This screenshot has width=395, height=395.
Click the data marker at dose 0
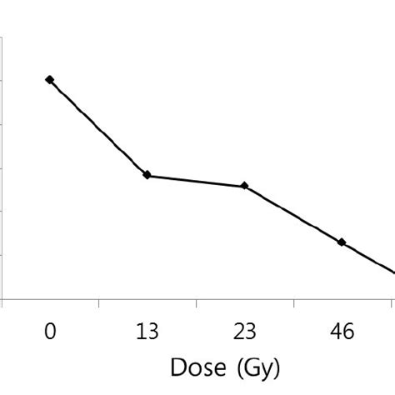tap(50, 80)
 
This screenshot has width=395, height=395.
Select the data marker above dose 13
tap(147, 175)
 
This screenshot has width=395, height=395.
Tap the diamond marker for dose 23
tap(244, 186)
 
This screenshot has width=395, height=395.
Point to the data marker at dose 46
tap(342, 242)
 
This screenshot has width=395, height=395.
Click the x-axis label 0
tap(50, 333)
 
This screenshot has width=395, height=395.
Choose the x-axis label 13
tap(147, 333)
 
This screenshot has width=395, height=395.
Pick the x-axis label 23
tap(244, 333)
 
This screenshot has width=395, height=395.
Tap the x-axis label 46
tap(342, 333)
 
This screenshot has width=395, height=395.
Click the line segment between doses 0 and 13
tap(98, 127)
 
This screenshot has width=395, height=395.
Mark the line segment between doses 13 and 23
tap(196, 181)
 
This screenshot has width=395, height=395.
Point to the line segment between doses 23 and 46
tap(292, 213)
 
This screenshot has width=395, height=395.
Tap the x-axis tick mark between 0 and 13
tap(98, 303)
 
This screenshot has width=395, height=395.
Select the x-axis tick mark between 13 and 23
tap(196, 303)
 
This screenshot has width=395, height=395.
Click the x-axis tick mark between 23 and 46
tap(293, 303)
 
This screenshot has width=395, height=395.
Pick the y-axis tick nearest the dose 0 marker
tap(3, 81)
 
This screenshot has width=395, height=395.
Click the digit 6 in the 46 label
tap(348, 333)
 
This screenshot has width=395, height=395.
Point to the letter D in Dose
tap(177, 367)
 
